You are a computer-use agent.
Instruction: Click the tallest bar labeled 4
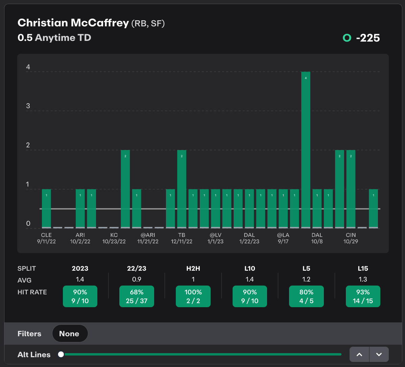coord(306,149)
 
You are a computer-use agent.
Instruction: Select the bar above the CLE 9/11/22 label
coord(46,208)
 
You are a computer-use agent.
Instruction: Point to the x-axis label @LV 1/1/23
coord(215,238)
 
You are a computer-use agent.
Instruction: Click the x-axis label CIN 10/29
coord(351,238)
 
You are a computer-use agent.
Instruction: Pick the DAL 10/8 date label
coord(317,238)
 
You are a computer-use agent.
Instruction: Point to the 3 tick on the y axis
coord(28,106)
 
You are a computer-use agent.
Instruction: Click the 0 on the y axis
coord(28,223)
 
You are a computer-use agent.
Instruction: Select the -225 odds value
coord(368,38)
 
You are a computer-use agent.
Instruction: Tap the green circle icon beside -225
coord(347,38)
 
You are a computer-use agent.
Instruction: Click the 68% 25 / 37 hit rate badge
coord(137,296)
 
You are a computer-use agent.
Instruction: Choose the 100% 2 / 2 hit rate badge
coord(193,296)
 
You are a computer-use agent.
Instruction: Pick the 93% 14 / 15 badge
coord(363,296)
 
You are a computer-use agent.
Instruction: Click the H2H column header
coord(193,269)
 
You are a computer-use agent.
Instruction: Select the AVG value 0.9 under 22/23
coord(137,279)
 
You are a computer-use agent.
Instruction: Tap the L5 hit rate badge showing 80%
coord(306,296)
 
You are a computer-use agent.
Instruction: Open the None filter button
coord(70,334)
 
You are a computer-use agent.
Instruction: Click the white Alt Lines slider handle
coord(61,354)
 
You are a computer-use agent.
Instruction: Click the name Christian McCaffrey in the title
coord(73,23)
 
